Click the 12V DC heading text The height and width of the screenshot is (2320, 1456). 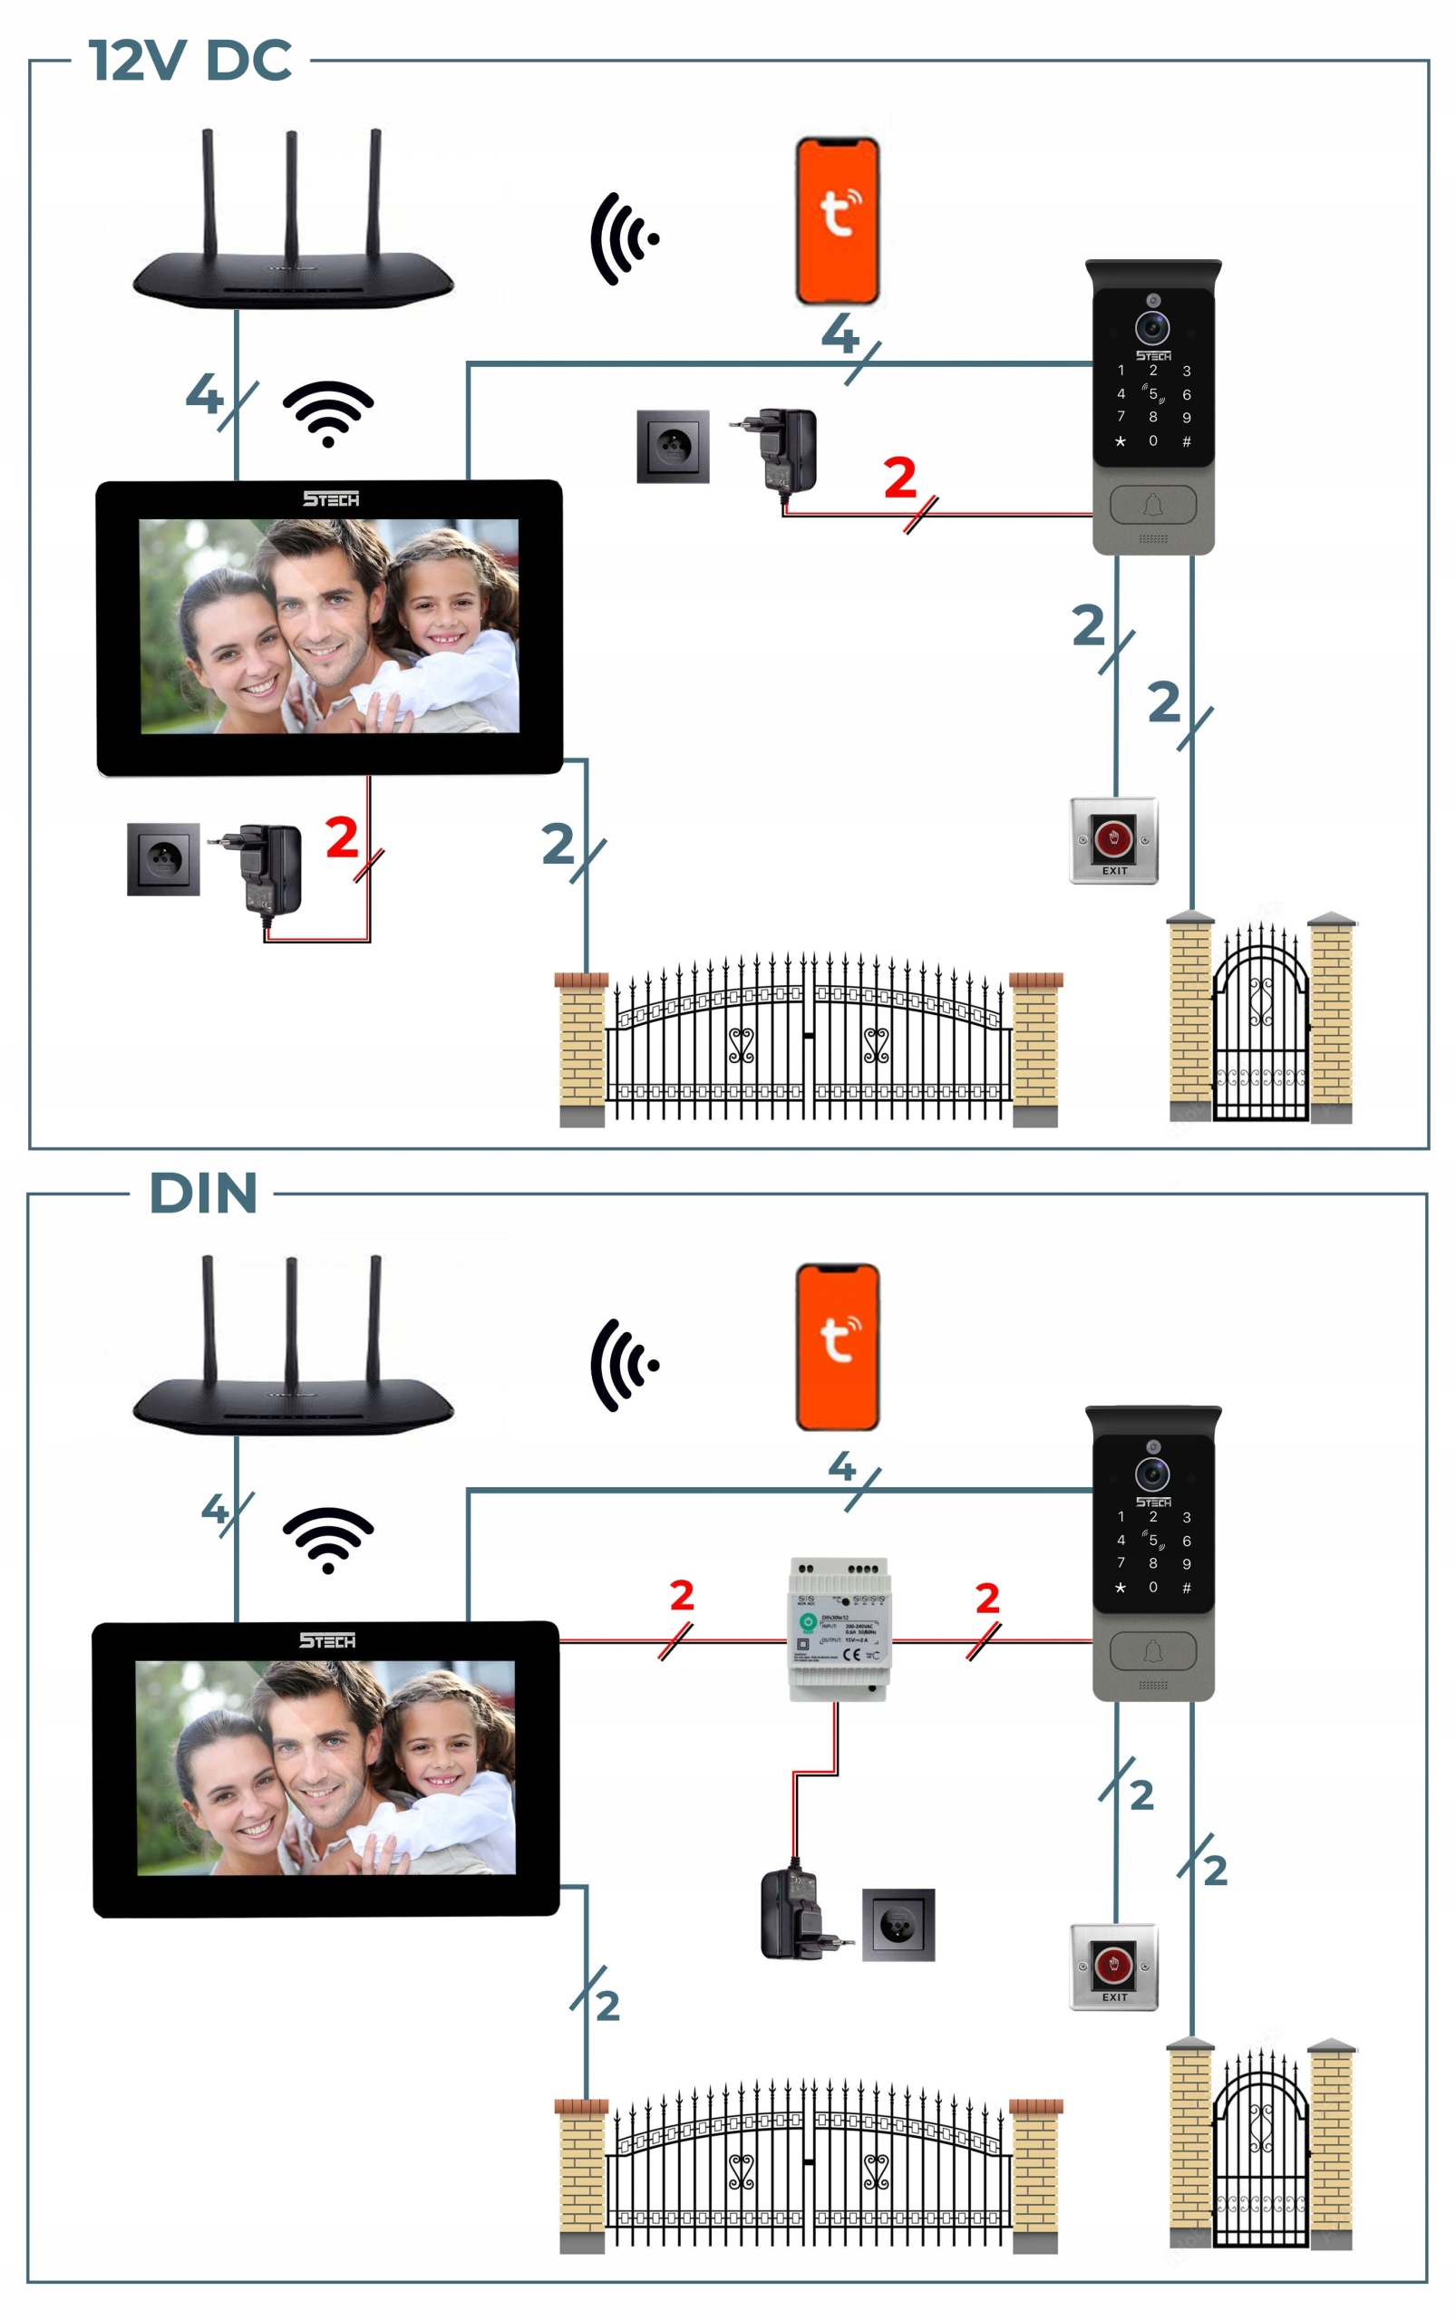[189, 61]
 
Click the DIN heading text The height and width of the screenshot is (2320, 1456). [203, 1194]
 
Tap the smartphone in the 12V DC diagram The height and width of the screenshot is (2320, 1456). [837, 221]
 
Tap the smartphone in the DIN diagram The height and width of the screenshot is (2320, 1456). [837, 1347]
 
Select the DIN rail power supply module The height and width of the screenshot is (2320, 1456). [839, 1629]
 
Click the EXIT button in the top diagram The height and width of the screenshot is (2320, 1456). [1113, 839]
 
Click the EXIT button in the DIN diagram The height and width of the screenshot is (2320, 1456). [1113, 1966]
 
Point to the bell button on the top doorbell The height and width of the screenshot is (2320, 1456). [1152, 505]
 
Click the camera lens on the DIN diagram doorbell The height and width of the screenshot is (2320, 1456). [1151, 1474]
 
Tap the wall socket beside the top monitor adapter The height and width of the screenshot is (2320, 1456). [164, 859]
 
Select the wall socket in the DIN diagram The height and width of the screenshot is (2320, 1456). [898, 1925]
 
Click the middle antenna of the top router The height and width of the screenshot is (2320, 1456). [291, 192]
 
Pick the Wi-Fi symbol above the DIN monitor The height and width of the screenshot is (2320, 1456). [327, 1538]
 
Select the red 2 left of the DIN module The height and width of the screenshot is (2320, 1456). [682, 1595]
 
